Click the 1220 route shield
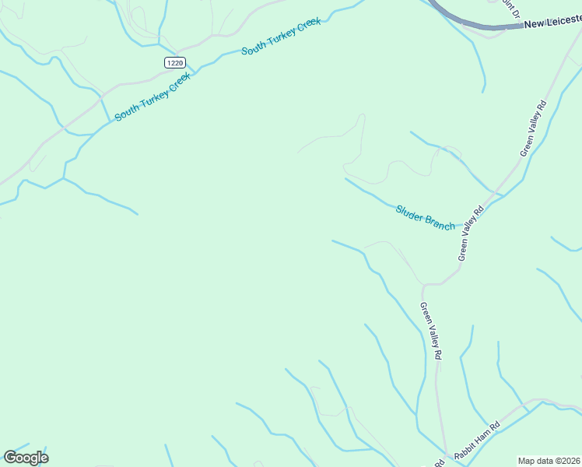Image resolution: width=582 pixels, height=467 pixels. (x=174, y=61)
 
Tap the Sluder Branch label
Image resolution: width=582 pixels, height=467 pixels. (x=425, y=217)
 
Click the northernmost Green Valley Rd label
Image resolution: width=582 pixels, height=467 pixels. (x=534, y=128)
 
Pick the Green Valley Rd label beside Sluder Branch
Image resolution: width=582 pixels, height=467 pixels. (x=471, y=232)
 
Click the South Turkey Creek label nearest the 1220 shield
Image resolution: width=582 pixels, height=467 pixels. (x=153, y=99)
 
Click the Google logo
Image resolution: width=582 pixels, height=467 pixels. (x=26, y=458)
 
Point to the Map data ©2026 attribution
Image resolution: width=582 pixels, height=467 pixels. (x=549, y=460)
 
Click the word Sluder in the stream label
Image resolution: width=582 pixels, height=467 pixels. (x=411, y=212)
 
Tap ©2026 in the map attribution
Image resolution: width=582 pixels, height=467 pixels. (x=566, y=460)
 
